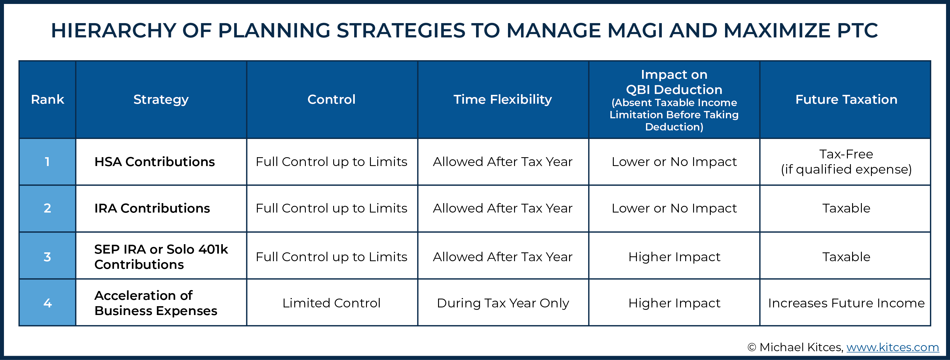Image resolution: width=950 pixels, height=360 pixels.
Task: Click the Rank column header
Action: [47, 99]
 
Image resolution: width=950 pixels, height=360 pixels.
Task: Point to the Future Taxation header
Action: [846, 99]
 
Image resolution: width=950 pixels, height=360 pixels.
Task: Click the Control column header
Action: [332, 99]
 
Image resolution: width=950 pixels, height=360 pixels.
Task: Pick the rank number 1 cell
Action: [47, 161]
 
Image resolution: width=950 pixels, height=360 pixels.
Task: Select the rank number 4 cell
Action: [47, 303]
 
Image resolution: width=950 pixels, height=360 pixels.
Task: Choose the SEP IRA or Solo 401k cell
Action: [161, 257]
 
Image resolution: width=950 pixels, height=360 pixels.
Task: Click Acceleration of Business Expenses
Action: [156, 303]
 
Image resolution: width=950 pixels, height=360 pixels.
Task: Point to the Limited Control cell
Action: [332, 303]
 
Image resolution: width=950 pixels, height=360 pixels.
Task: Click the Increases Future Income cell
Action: [846, 303]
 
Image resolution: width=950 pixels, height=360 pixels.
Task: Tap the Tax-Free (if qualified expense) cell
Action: [846, 161]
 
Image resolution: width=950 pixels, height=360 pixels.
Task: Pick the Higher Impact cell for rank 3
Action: [674, 257]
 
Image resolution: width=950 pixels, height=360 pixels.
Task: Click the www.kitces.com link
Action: [893, 347]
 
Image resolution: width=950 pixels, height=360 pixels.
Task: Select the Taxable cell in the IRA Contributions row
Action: [846, 208]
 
